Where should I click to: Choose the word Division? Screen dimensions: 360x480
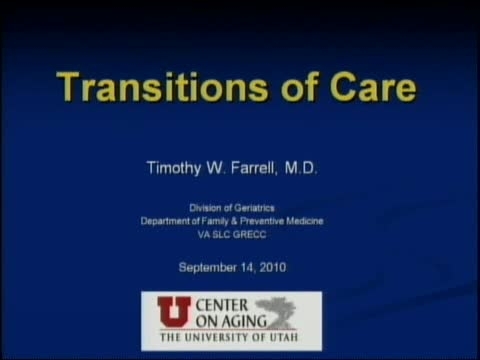[214, 208]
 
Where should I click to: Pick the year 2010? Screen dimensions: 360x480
[287, 267]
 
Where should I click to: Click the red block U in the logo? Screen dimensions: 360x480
[167, 310]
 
